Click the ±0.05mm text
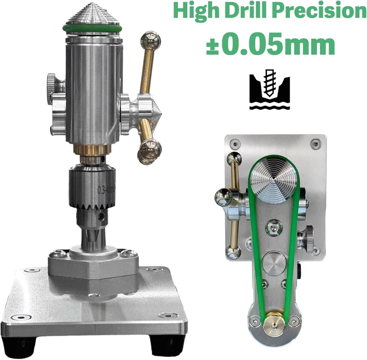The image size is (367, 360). (270, 45)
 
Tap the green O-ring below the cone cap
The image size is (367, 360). (92, 29)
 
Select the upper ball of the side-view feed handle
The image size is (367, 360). (151, 41)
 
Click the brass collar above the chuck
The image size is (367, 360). (92, 150)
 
